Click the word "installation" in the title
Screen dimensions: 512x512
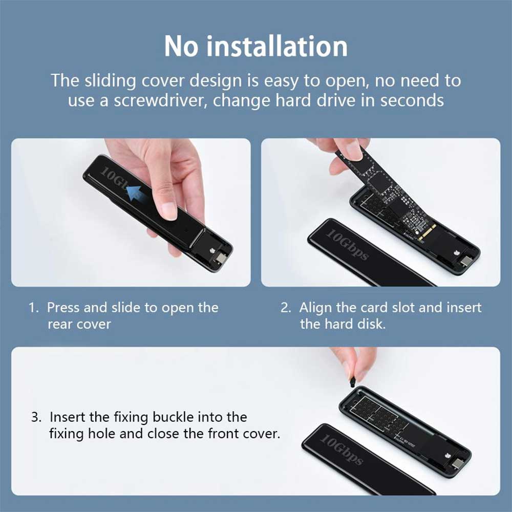tap(277, 46)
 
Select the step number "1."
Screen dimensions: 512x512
tap(34, 308)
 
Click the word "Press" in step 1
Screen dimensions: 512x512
tap(63, 308)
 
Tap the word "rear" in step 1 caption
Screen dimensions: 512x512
tap(60, 325)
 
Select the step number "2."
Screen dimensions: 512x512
tap(286, 308)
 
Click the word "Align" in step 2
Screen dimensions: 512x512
tap(315, 308)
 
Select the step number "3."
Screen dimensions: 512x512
tap(36, 417)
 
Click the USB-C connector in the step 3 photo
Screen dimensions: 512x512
tap(459, 463)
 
